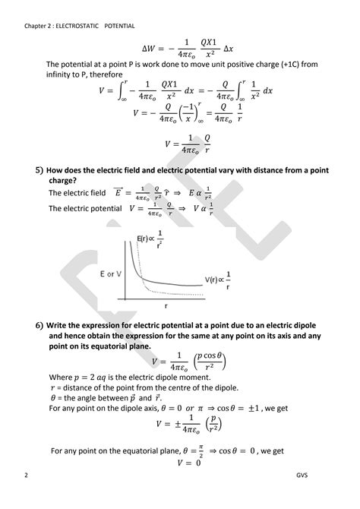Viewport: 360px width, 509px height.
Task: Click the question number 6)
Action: (x=38, y=326)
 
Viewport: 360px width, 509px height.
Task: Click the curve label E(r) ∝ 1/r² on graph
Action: (x=151, y=241)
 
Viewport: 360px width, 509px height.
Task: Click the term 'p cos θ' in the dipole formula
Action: (x=213, y=356)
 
